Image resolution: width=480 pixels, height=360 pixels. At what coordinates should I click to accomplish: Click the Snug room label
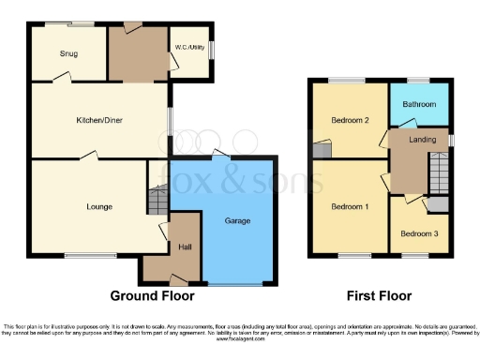coord(68,53)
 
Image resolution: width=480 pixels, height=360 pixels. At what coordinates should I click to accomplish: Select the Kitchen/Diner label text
coord(99,120)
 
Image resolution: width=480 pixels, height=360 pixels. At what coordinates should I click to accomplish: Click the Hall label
coord(185,247)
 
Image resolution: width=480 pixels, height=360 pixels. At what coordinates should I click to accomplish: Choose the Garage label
coord(238,221)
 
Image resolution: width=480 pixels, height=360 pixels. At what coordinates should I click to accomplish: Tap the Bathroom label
coord(419,104)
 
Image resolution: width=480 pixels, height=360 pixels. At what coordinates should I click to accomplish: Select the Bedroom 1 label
coord(349,205)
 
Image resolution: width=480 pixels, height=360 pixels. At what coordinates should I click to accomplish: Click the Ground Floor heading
coord(153,295)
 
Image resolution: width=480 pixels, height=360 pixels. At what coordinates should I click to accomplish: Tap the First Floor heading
coord(379,295)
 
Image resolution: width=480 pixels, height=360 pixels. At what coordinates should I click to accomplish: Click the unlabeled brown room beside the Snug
coord(137,52)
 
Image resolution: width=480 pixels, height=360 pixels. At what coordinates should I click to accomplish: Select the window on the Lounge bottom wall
coord(91,255)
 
